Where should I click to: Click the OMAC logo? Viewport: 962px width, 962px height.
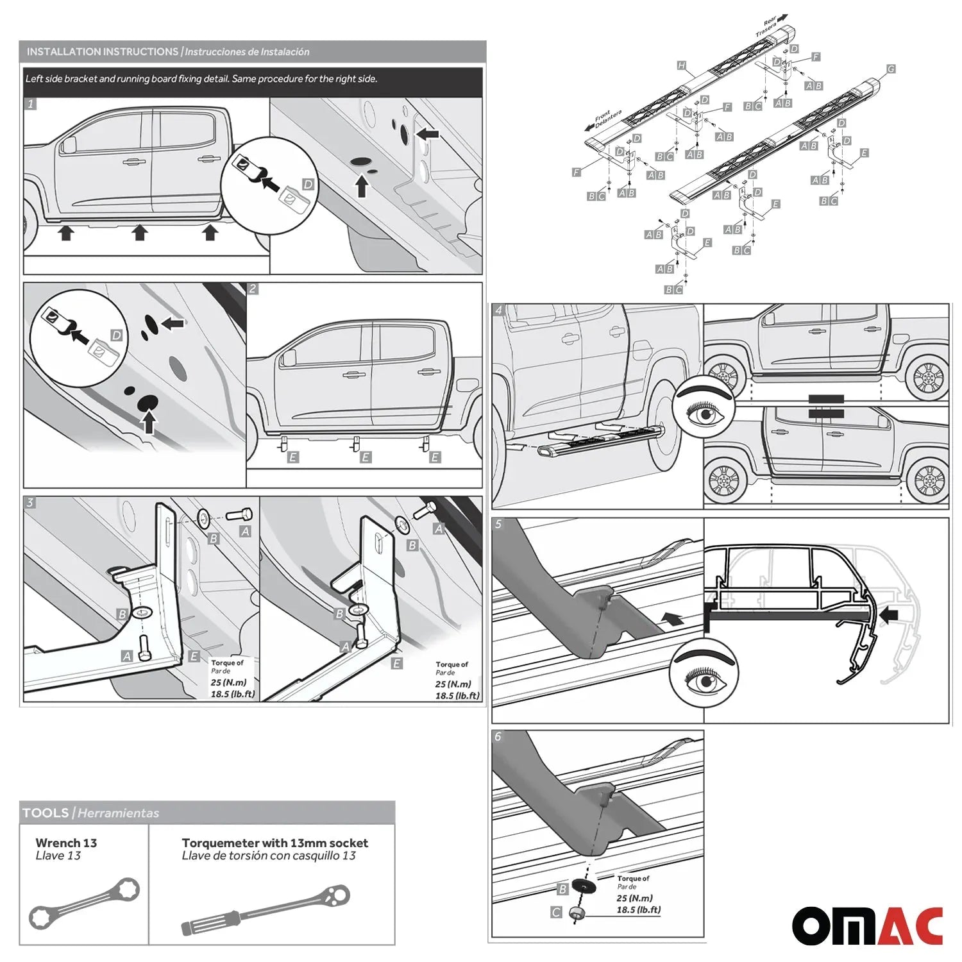pos(867,925)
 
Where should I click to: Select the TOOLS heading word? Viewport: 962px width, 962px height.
pos(46,813)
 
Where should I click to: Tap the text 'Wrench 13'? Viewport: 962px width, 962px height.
pos(66,843)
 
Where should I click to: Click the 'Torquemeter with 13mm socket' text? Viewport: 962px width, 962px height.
pos(274,843)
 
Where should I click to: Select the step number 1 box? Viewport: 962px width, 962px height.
pos(30,104)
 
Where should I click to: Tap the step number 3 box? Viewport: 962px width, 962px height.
pos(30,503)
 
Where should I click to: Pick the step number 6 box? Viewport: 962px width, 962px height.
pos(498,736)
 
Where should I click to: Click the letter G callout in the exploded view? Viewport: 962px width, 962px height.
pos(891,69)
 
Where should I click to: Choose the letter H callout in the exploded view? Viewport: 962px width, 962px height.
pos(681,65)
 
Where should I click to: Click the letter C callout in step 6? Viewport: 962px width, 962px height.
pos(556,912)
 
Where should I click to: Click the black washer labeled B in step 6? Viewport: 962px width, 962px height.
pos(584,886)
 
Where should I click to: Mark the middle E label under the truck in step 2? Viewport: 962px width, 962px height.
pos(365,457)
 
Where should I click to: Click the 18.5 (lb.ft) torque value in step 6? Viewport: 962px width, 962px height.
pos(638,909)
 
